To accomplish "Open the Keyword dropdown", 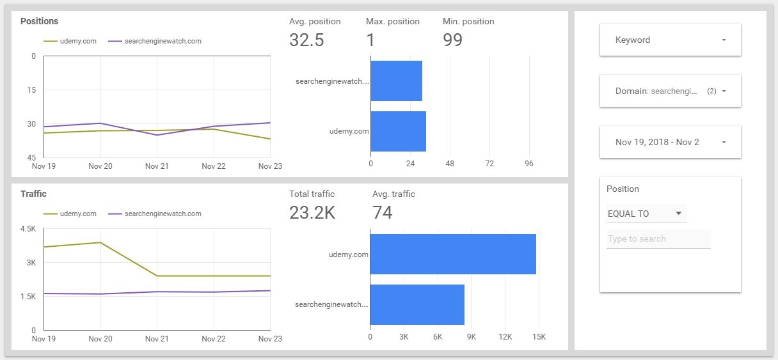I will click(670, 40).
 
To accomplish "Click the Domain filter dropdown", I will click(670, 91).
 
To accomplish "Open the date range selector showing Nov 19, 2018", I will click(670, 142).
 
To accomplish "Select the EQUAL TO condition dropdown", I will click(646, 214).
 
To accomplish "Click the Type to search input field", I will click(658, 239).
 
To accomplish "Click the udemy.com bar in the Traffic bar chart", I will click(452, 254).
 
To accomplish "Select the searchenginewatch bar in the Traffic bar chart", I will click(417, 304).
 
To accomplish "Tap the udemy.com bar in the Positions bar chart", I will click(398, 131).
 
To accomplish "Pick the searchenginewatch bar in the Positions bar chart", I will click(396, 81).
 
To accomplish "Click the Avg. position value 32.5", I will click(306, 40).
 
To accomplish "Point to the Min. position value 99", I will click(452, 40).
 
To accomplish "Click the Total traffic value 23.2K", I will click(312, 212).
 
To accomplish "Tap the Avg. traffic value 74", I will click(382, 212).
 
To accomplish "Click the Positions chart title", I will click(39, 21).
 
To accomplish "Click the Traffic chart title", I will click(33, 194).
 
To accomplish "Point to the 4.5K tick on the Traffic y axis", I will click(28, 229).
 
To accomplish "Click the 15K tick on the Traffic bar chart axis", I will click(538, 337).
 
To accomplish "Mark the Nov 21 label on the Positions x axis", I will click(157, 166).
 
